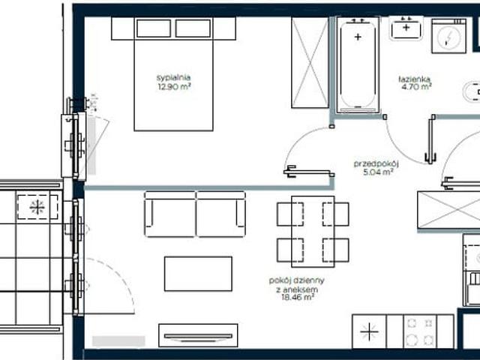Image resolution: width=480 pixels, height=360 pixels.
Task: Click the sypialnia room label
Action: [173, 78]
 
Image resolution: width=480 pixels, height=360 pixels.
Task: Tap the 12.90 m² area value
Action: [174, 87]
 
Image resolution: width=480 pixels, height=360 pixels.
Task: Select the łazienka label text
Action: [415, 79]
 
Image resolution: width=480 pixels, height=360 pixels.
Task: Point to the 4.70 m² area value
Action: [416, 87]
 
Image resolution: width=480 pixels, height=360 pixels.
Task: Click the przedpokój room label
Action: [376, 164]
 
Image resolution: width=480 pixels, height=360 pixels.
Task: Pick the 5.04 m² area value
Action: [378, 172]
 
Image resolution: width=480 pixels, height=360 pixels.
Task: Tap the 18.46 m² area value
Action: [298, 297]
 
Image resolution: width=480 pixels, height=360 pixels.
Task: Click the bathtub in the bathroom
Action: [358, 65]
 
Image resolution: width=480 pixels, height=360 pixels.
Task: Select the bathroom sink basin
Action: [406, 28]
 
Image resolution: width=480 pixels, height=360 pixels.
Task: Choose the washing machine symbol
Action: [448, 36]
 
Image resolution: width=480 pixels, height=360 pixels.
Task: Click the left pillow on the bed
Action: [154, 28]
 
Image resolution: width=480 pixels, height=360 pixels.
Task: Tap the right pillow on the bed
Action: [193, 28]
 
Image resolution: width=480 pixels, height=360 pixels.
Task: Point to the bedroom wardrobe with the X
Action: [310, 63]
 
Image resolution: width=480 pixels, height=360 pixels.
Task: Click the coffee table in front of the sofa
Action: [198, 274]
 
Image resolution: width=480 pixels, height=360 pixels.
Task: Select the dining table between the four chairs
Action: [313, 232]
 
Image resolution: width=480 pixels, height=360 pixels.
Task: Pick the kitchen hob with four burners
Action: [420, 331]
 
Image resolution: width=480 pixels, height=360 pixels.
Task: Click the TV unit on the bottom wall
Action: [198, 335]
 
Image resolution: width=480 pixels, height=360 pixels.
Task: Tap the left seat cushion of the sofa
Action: [170, 214]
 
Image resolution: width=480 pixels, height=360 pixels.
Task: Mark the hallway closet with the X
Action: [448, 210]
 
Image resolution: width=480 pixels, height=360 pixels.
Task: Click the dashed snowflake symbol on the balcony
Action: [37, 207]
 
